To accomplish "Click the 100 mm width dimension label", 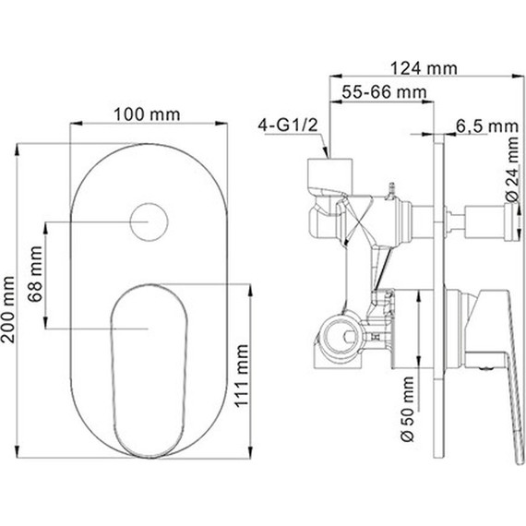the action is pyautogui.click(x=147, y=114).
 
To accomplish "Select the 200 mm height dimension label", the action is pyautogui.click(x=8, y=310).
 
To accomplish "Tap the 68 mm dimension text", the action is pyautogui.click(x=35, y=274).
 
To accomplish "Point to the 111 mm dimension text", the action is pyautogui.click(x=241, y=376).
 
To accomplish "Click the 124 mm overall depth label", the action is pyautogui.click(x=424, y=69).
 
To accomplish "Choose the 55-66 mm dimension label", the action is pyautogui.click(x=385, y=92).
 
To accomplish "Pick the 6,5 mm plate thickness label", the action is pyautogui.click(x=487, y=126).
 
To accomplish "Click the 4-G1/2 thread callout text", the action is pyautogui.click(x=288, y=126).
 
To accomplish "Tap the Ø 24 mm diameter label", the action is pyautogui.click(x=513, y=170).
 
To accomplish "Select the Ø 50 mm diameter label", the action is pyautogui.click(x=408, y=409).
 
